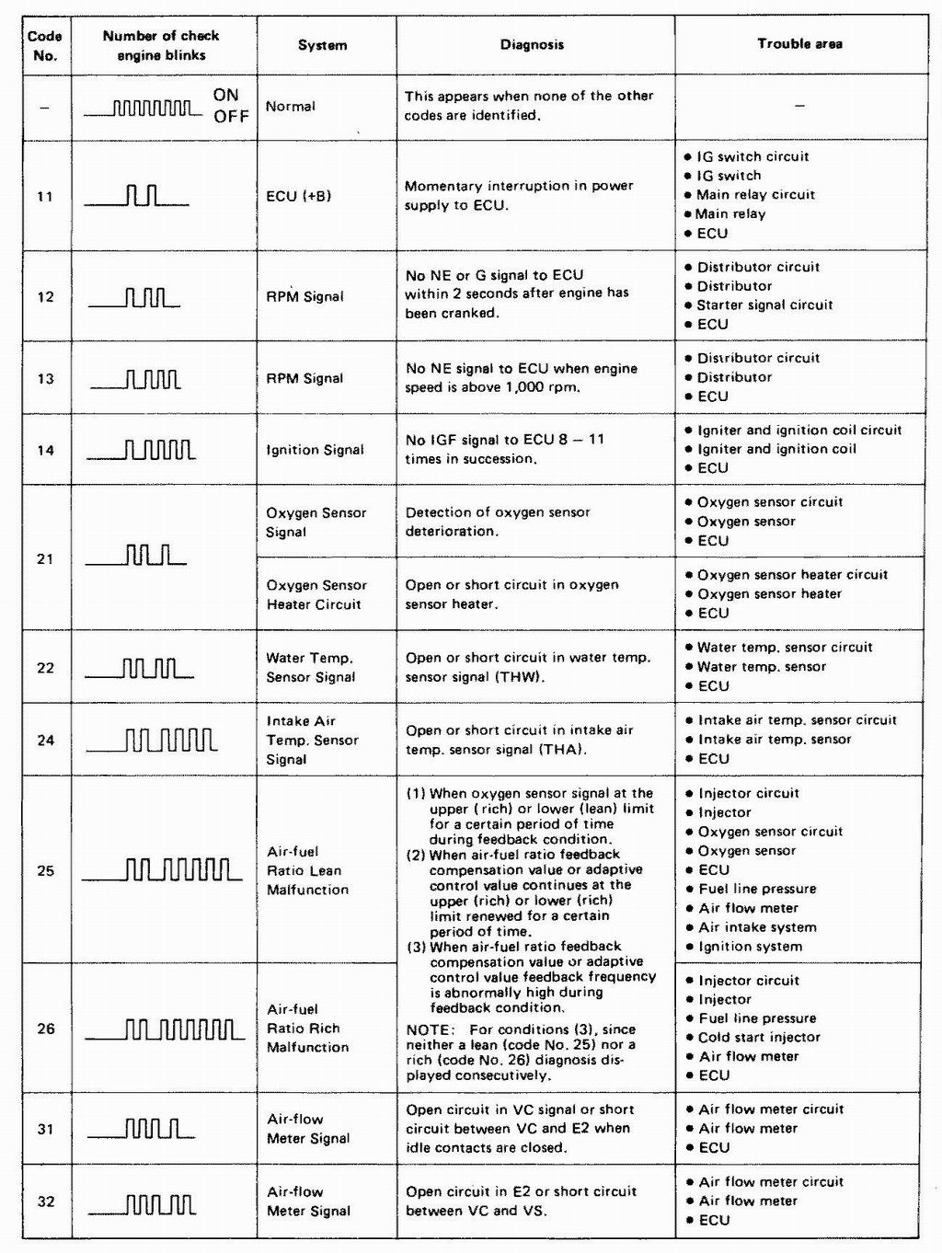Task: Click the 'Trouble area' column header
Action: pos(799,43)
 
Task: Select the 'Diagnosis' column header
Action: pos(532,44)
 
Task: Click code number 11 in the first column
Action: pos(45,196)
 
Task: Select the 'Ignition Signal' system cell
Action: pos(315,450)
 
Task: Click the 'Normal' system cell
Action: pos(291,107)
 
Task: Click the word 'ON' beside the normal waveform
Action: pos(225,95)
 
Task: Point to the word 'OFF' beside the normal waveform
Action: pos(231,117)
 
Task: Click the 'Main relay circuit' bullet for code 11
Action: pos(755,195)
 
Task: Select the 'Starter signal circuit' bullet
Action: pos(764,305)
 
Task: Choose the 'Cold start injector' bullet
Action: pos(759,1037)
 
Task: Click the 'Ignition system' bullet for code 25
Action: pos(750,947)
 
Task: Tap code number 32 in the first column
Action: pos(45,1201)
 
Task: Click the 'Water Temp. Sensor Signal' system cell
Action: pos(310,667)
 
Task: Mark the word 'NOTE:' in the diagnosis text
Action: pos(430,1029)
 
